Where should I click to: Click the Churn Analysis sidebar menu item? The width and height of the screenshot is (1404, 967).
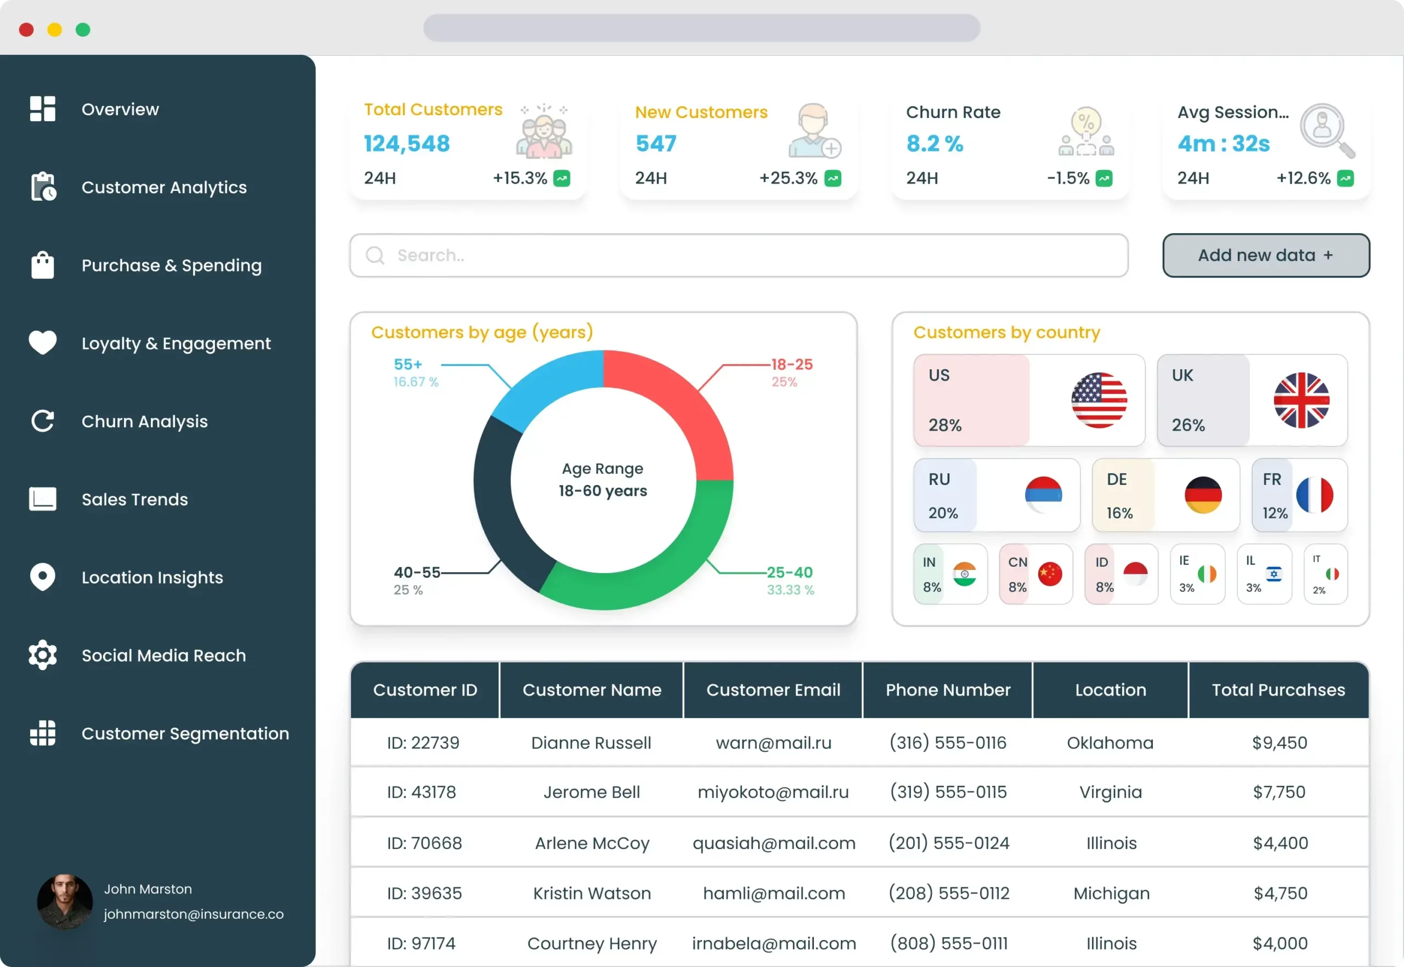144,421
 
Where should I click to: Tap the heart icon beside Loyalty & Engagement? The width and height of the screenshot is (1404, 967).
42,343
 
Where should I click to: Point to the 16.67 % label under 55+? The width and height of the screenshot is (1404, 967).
416,382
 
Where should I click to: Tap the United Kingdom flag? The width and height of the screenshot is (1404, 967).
1301,400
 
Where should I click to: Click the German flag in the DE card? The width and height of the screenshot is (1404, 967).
1202,495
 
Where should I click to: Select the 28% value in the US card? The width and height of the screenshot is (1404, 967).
944,425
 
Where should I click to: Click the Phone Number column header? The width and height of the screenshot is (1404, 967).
947,690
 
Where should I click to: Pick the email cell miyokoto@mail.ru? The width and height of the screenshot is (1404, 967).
773,792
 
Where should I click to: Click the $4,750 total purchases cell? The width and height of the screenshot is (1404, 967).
1280,893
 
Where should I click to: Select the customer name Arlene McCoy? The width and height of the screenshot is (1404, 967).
592,843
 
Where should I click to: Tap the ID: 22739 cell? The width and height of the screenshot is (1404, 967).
423,743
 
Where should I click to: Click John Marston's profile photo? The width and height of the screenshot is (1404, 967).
65,902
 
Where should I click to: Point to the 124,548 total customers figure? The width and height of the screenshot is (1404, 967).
406,144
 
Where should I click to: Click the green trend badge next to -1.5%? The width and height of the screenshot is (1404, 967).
1103,179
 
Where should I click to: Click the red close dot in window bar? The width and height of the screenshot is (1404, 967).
26,30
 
